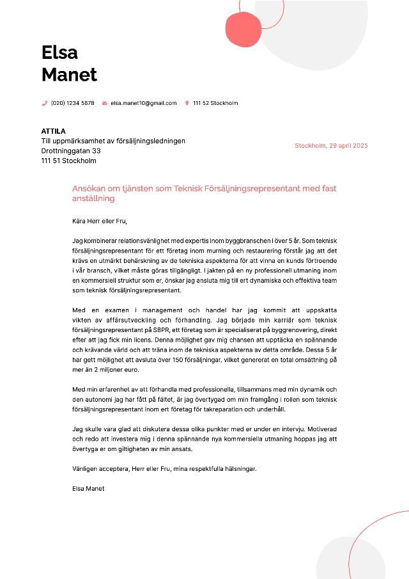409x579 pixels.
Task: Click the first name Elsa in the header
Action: point(59,52)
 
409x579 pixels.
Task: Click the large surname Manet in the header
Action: point(69,75)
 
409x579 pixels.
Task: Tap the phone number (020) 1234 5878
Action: point(72,103)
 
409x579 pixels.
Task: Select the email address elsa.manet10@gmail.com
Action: point(143,103)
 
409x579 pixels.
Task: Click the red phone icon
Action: point(45,103)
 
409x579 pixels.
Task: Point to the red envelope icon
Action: point(104,103)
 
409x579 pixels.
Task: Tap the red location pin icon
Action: point(187,103)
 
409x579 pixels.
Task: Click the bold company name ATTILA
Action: point(54,131)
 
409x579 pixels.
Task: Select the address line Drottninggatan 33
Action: point(71,151)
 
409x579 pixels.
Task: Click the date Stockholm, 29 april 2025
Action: point(331,146)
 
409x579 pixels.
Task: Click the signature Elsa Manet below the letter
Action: point(88,488)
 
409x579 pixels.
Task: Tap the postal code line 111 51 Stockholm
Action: point(68,161)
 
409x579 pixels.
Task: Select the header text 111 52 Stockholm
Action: point(215,103)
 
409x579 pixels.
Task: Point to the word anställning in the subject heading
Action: point(93,198)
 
